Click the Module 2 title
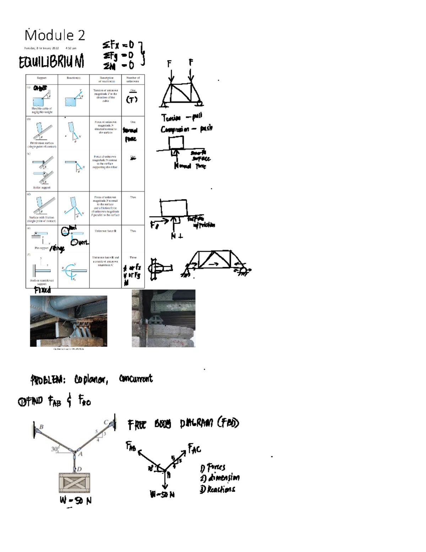tap(55, 35)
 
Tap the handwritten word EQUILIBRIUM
tap(51, 62)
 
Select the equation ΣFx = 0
tap(118, 45)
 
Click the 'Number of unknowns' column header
tap(133, 79)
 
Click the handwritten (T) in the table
tap(132, 100)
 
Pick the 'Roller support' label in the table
tap(42, 187)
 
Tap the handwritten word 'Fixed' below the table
tap(43, 290)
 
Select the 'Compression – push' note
tap(186, 129)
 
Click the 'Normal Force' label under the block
tap(190, 166)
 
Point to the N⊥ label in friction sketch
tap(176, 236)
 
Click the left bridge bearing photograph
tap(69, 321)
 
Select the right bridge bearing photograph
tap(163, 318)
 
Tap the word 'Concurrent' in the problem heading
tap(136, 379)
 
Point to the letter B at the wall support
tap(41, 427)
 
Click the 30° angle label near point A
tap(55, 449)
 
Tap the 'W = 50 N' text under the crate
tap(76, 500)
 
